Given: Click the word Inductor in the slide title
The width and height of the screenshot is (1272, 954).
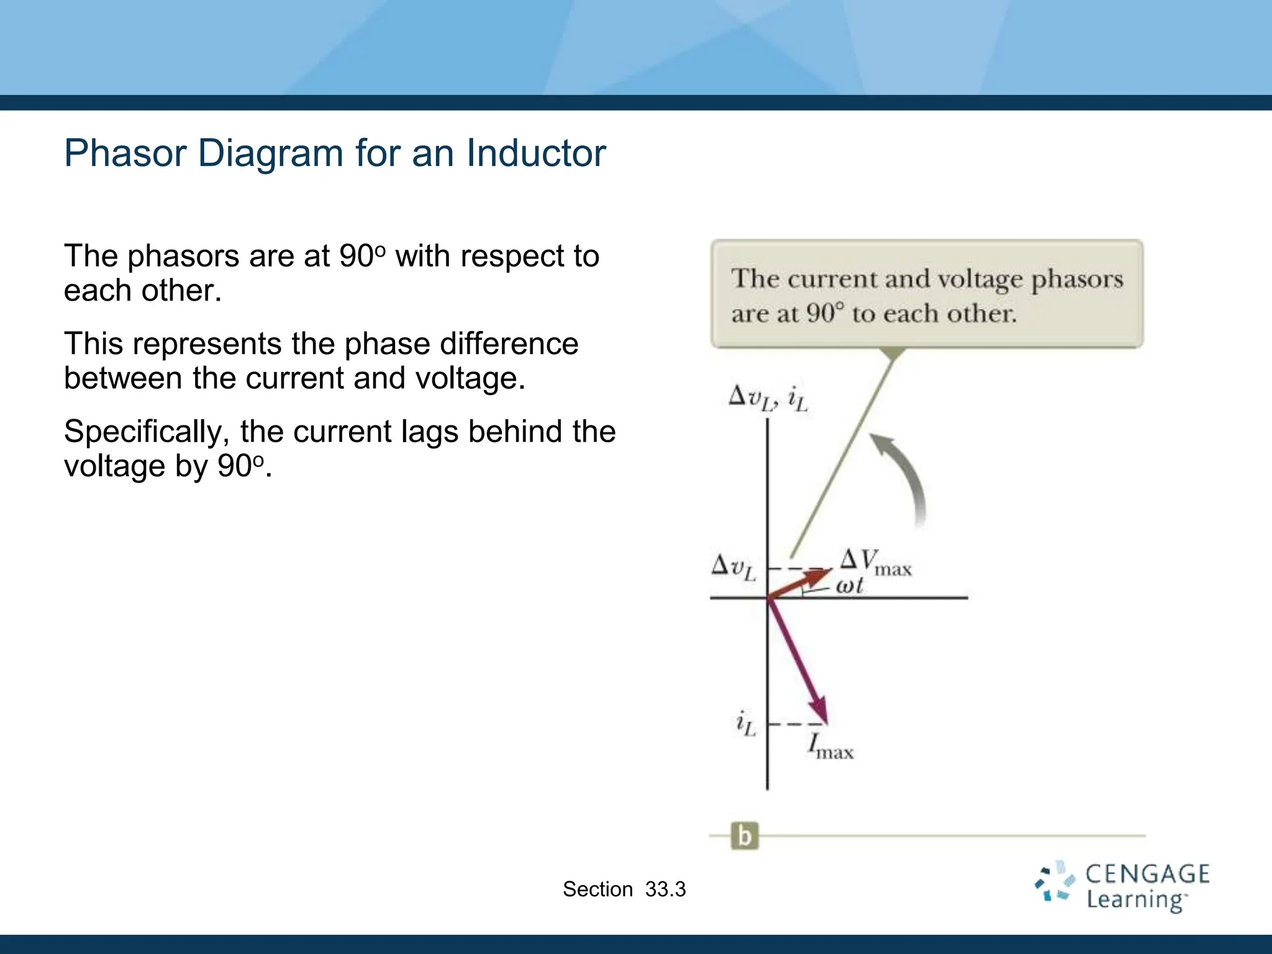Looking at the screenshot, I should click(535, 153).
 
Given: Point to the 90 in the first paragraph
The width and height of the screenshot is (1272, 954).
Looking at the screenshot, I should click(357, 256).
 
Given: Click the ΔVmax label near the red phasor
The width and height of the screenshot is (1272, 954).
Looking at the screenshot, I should click(875, 562).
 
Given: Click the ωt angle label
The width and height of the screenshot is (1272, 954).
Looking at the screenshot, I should click(849, 586).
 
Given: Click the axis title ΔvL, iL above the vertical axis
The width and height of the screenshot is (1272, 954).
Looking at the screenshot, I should click(768, 397).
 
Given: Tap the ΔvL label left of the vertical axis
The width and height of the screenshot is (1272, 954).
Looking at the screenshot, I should click(734, 568).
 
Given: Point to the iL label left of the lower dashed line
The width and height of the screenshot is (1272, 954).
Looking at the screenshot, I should click(745, 724).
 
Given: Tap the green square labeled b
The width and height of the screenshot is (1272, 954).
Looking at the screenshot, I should click(745, 836).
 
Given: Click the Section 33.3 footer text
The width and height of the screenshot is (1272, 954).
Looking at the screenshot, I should click(624, 889).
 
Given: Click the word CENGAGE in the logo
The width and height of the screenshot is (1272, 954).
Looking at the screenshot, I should click(1147, 874).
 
